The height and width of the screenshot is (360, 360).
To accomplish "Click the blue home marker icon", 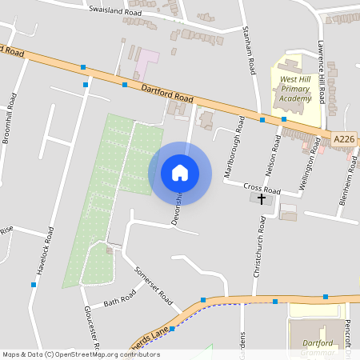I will (180, 173).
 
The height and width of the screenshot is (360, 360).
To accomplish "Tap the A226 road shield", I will (343, 139).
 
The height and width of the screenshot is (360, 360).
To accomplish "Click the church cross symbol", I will (261, 198).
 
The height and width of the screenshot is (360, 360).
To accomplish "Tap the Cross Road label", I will (262, 189).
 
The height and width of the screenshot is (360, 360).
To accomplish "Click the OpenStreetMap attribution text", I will (81, 354).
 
